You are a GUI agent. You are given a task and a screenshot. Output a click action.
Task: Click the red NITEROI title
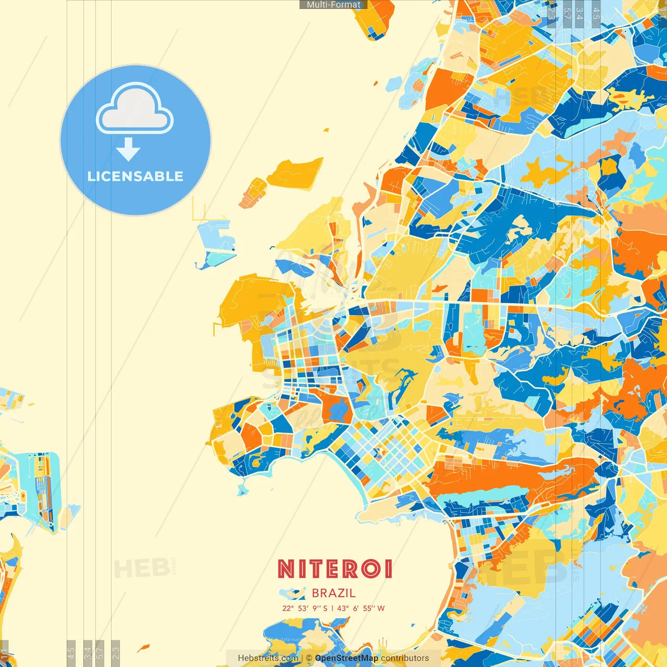[335, 569]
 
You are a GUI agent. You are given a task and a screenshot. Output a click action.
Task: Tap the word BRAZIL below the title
[333, 593]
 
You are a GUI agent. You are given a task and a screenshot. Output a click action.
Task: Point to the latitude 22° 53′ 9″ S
[305, 608]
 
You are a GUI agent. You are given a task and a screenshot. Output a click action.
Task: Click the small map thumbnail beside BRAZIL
[292, 594]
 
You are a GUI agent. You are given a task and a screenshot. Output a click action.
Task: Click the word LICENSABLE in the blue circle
[135, 176]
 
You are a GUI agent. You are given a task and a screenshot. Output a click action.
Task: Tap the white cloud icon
[135, 109]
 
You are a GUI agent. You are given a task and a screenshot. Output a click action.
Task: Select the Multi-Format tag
[333, 5]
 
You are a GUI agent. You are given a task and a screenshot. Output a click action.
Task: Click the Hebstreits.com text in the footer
[268, 658]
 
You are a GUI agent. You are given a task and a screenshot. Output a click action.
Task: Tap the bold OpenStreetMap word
[347, 658]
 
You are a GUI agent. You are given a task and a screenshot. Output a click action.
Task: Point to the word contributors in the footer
[405, 658]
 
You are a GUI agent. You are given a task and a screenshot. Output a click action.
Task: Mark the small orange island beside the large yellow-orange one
[253, 192]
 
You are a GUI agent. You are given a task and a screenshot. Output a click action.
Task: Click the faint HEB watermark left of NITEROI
[142, 569]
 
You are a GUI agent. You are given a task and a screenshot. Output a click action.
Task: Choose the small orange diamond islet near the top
[375, 82]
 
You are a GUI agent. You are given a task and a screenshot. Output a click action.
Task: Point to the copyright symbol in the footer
[309, 658]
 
